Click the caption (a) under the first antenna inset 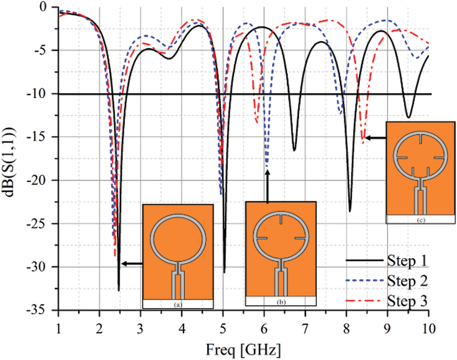click(178, 304)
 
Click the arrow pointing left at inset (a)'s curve click(131, 263)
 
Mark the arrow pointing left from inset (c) click(374, 137)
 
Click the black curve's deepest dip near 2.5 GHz click(119, 290)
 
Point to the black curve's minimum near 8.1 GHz click(350, 212)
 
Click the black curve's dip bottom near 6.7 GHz click(294, 151)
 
